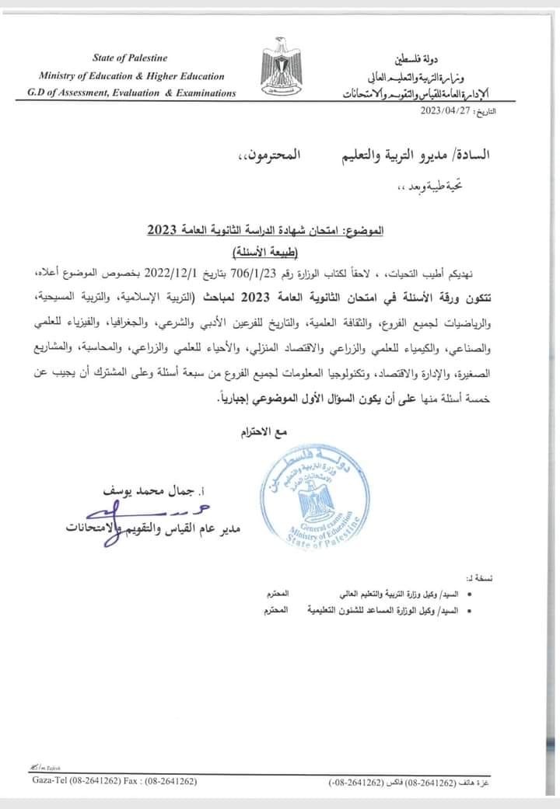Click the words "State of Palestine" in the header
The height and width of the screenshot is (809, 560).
[x=130, y=58]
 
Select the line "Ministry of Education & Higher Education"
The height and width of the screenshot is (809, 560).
[x=131, y=76]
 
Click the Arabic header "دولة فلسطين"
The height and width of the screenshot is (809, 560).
[x=446, y=58]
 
